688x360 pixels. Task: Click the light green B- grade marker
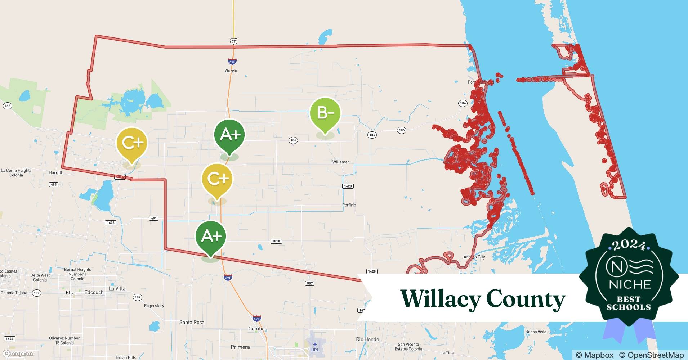(x=325, y=113)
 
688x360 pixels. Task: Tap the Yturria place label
(x=231, y=71)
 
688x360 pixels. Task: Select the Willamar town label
(x=340, y=162)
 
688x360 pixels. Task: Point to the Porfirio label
(x=349, y=205)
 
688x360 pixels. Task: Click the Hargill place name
(x=55, y=173)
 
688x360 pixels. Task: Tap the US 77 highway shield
(x=234, y=41)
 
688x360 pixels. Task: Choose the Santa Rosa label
(x=192, y=322)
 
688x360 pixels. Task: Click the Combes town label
(x=258, y=329)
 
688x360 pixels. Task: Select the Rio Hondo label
(x=367, y=339)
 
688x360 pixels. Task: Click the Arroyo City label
(x=474, y=257)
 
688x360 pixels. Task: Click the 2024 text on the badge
(x=629, y=245)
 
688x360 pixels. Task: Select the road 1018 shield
(x=276, y=241)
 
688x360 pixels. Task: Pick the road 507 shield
(x=310, y=283)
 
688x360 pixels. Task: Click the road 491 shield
(x=154, y=218)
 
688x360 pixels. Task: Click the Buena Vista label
(x=535, y=332)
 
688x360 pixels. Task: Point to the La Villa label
(x=117, y=288)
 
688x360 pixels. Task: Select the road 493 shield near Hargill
(x=53, y=185)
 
